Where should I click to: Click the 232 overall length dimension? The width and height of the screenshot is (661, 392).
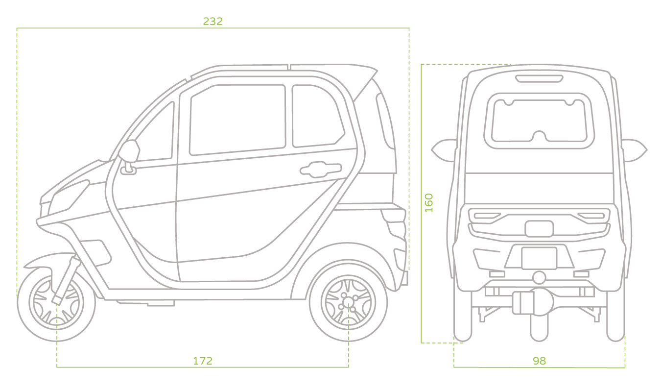pos(212,21)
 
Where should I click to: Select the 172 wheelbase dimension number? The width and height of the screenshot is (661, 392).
pos(202,361)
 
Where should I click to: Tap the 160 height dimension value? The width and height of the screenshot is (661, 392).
pos(429,203)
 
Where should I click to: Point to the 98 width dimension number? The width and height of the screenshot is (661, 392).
pos(539,361)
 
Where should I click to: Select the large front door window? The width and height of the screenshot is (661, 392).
pos(237,119)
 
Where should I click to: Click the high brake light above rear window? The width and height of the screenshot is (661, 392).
pos(538,78)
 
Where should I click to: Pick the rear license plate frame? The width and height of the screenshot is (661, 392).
pos(539,258)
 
